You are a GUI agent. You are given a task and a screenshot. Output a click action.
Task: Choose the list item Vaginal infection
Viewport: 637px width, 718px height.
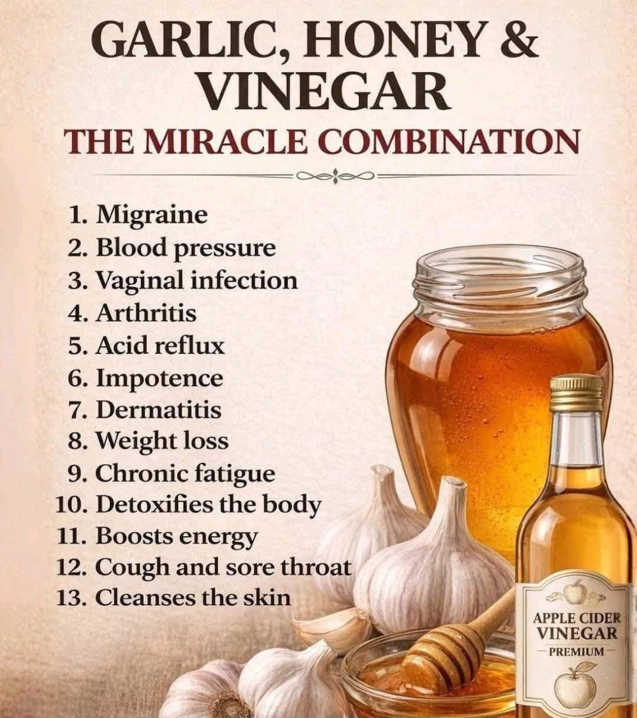point(183,281)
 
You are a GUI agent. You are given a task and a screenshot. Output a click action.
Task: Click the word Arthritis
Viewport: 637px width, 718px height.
point(146,313)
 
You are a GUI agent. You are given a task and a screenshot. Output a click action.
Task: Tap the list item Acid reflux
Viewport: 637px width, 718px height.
point(146,346)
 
